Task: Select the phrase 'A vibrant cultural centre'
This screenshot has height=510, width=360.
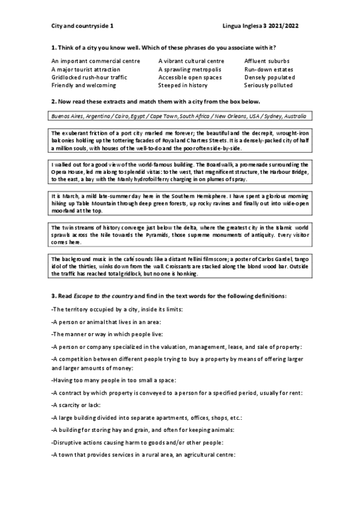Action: point(191,61)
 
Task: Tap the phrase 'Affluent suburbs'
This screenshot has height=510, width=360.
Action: point(267,61)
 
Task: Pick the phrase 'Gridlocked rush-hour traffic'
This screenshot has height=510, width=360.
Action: point(89,78)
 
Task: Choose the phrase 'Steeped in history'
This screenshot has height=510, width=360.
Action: point(183,86)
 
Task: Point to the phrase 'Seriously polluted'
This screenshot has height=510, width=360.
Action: point(269,86)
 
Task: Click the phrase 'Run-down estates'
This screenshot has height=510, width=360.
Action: point(268,69)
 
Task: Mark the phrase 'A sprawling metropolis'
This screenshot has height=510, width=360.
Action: point(189,69)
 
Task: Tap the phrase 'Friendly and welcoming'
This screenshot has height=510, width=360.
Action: point(83,86)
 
